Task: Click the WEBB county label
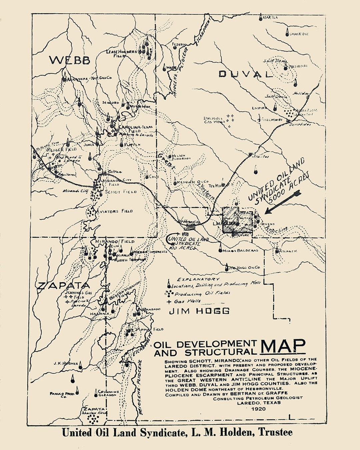(x=70, y=60)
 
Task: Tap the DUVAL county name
(x=245, y=74)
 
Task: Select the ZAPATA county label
(x=63, y=285)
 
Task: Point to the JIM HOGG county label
(x=199, y=311)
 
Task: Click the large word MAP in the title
(x=283, y=347)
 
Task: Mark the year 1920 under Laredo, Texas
(x=259, y=409)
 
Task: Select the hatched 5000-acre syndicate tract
(x=237, y=220)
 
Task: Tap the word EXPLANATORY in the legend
(x=198, y=279)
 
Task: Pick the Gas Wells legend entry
(x=187, y=301)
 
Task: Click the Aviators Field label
(x=114, y=211)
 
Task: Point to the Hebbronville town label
(x=189, y=221)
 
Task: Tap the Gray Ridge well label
(x=299, y=34)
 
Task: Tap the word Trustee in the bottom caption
(x=275, y=432)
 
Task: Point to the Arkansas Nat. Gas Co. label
(x=89, y=78)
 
